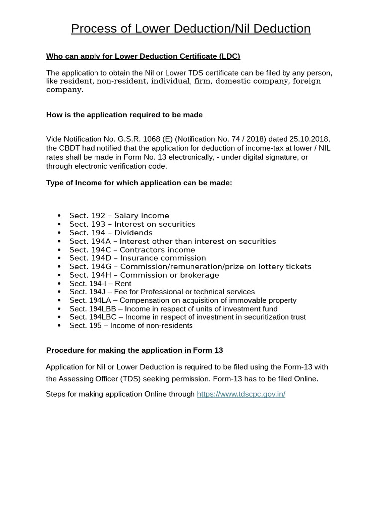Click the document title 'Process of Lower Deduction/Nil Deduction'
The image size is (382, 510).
[191, 29]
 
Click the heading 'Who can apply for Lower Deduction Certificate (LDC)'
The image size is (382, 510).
[143, 56]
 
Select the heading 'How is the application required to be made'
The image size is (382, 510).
[124, 115]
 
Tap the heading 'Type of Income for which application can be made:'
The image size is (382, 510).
[139, 183]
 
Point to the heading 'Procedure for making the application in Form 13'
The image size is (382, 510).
[134, 350]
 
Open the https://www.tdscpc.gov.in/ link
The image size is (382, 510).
[241, 394]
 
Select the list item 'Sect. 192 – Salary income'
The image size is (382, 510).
[119, 216]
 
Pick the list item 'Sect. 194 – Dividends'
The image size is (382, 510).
[110, 233]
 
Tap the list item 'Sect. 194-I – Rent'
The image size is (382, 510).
[100, 284]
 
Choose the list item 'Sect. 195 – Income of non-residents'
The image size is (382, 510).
[131, 326]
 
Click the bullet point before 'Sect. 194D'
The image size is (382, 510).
[59, 258]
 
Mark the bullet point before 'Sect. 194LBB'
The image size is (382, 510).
[59, 309]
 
